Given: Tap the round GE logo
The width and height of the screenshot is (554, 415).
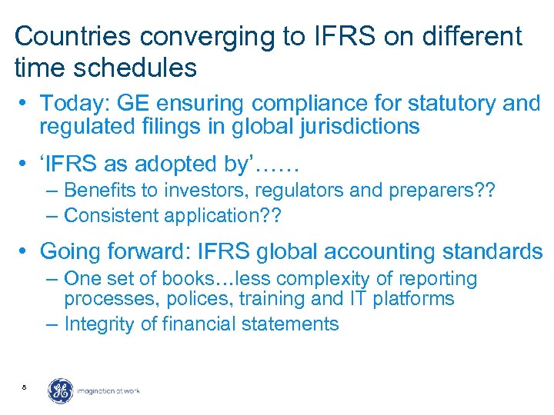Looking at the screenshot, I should (x=61, y=391).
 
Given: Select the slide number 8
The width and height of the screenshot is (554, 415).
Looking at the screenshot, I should (x=25, y=387).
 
